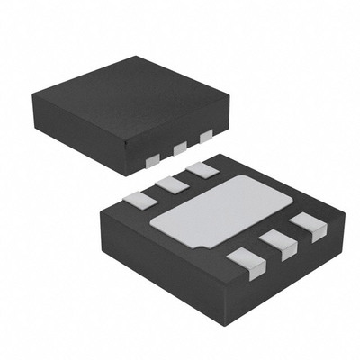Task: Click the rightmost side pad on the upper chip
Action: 207,137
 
